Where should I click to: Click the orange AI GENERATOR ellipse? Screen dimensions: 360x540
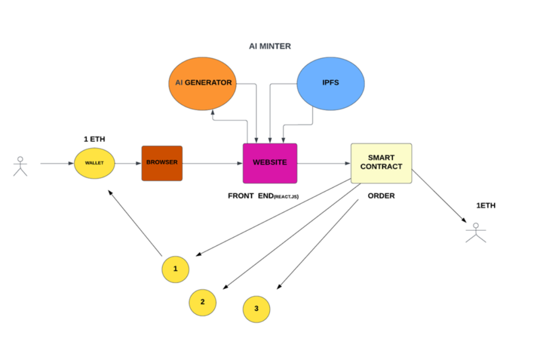point(202,83)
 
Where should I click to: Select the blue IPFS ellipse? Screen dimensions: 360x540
point(331,83)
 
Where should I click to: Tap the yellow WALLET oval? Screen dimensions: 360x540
point(94,163)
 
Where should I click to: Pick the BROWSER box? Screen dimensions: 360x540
point(162,163)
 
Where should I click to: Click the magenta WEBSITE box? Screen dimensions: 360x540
point(269,163)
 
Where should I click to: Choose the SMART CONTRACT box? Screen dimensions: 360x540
point(381,163)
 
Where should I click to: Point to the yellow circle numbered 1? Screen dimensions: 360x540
point(175,269)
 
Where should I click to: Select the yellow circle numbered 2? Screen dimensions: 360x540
point(203,303)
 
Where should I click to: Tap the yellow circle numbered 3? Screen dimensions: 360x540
point(256,308)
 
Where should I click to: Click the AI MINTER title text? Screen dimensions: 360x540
point(269,46)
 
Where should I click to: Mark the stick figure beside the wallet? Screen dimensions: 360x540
point(20,166)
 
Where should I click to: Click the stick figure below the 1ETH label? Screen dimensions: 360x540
point(476,232)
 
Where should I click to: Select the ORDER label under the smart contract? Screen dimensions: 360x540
point(381,196)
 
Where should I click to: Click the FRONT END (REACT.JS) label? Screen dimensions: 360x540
point(263,196)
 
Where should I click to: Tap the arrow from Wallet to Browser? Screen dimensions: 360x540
point(128,163)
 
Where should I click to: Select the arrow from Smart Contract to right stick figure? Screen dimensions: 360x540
point(439,195)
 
